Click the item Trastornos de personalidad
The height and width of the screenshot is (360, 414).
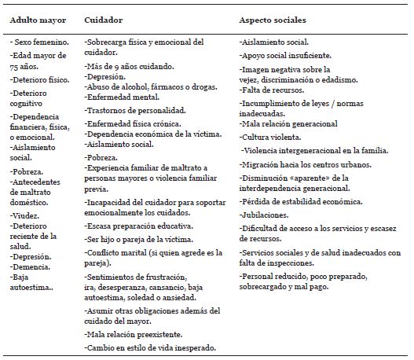136,112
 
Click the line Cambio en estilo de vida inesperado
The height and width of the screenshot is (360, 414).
150,347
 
